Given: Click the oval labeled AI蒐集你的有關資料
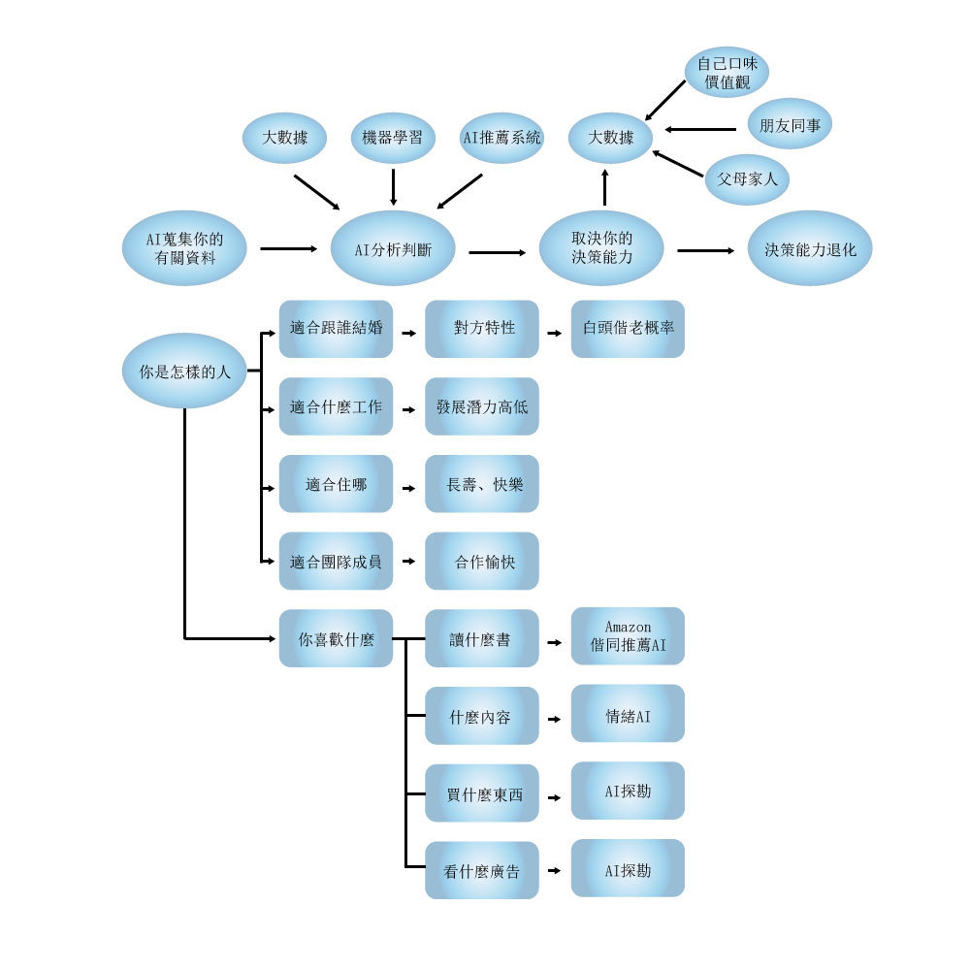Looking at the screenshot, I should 183,248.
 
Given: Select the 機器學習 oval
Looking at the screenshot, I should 392,138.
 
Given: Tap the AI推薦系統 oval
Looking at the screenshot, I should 501,138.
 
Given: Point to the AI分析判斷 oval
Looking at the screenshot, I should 393,248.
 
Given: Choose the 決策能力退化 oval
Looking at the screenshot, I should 810,248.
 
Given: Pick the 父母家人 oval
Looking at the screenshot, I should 747,179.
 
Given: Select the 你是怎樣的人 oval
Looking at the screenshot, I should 184,371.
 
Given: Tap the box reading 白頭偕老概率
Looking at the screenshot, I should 628,328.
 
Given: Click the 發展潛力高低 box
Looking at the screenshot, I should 482,406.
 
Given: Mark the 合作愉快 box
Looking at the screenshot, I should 482,561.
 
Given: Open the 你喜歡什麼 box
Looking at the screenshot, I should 336,638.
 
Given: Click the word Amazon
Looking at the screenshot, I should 628,627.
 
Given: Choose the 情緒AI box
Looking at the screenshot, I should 628,715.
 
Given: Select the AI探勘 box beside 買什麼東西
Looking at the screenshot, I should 628,792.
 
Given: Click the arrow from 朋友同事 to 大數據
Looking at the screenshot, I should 700,129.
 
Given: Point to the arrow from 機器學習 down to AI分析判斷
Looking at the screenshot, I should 393,186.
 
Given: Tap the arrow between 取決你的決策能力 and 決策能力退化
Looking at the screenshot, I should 705,250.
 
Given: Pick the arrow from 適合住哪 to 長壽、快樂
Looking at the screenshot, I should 408,485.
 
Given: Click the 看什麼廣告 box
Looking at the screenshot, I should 482,870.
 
